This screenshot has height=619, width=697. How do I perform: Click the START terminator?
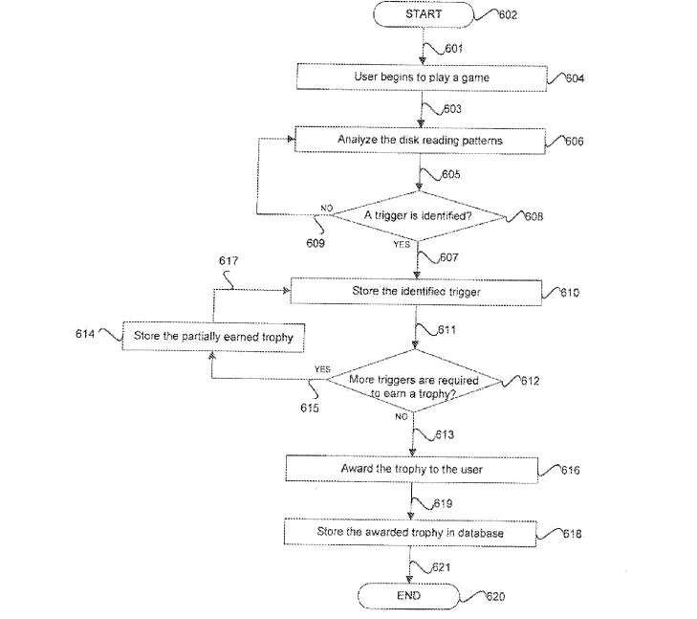pyautogui.click(x=421, y=14)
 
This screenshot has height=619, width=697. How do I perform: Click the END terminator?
pyautogui.click(x=408, y=595)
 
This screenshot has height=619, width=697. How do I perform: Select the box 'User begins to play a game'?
pyautogui.click(x=421, y=75)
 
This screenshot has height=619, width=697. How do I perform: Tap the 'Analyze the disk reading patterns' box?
pyautogui.click(x=420, y=140)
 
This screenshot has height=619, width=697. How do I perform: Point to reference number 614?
pyautogui.click(x=86, y=333)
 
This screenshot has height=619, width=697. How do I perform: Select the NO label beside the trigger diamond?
pyautogui.click(x=326, y=208)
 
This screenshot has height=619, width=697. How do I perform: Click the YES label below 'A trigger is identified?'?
pyautogui.click(x=402, y=244)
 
